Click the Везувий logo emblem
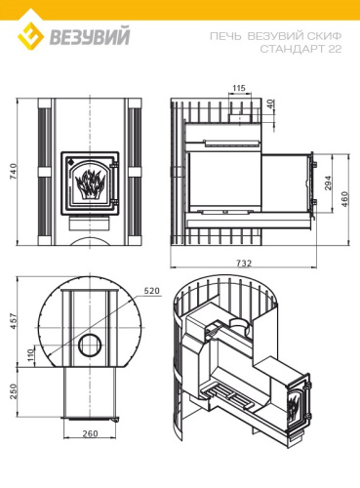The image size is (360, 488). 32,38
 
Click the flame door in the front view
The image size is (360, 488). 89,181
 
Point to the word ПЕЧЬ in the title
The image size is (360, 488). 223,34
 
